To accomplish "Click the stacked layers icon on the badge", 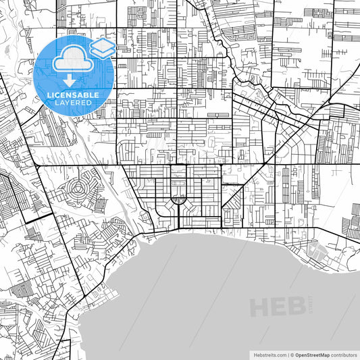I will click(x=102, y=47).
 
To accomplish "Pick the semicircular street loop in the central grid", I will click(x=178, y=199).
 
